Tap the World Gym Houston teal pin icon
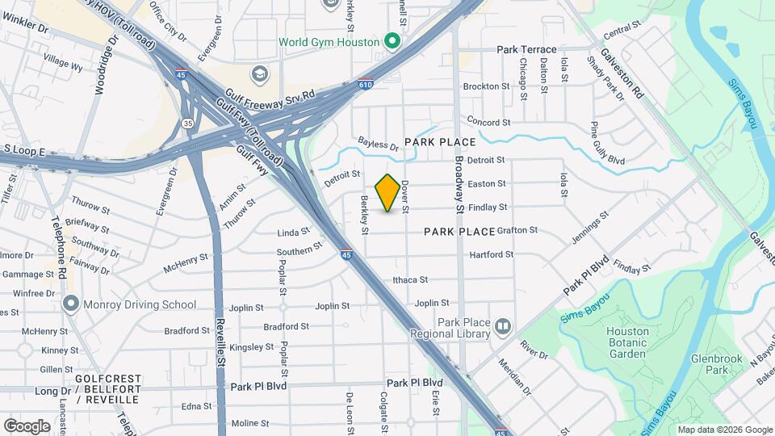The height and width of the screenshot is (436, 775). click(392, 40)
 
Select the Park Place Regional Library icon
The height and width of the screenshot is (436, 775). click(503, 326)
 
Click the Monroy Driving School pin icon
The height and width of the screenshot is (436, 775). click(71, 304)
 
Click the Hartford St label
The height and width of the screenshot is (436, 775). click(492, 254)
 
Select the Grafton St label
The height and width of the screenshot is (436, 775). click(517, 230)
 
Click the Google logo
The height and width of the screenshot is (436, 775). click(27, 426)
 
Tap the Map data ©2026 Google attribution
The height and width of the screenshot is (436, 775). click(724, 430)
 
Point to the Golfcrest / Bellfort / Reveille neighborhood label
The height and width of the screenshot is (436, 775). click(108, 384)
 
